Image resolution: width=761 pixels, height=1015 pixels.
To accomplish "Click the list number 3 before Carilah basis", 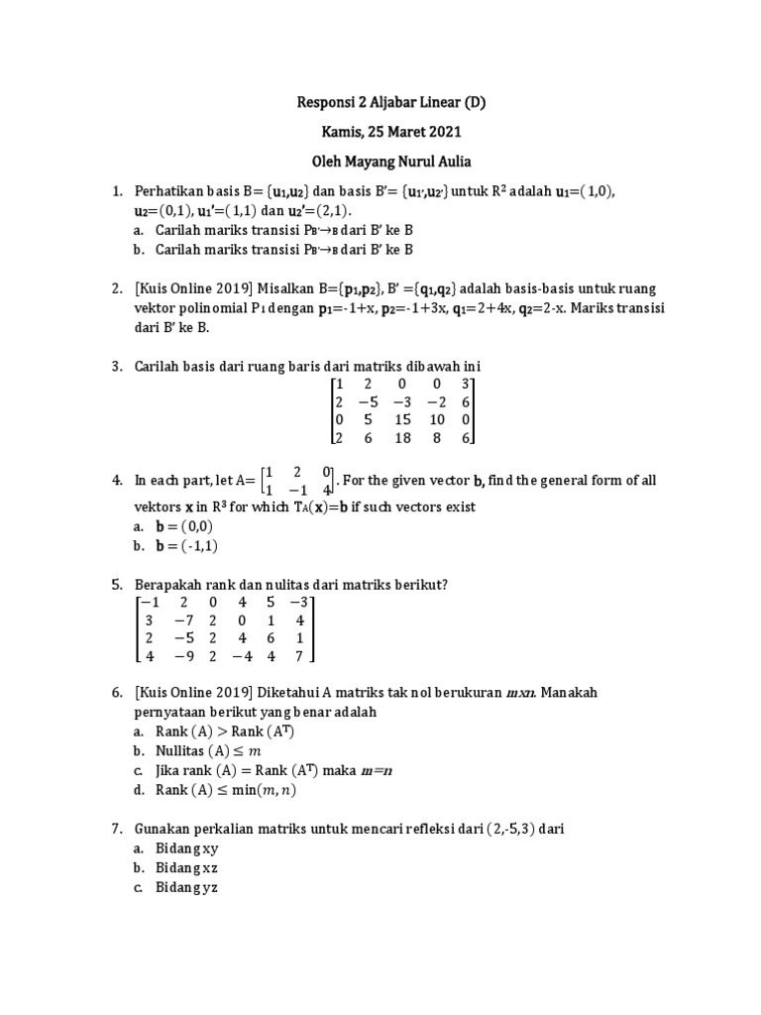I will (115, 366).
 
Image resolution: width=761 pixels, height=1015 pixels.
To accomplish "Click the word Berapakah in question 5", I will (169, 584).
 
